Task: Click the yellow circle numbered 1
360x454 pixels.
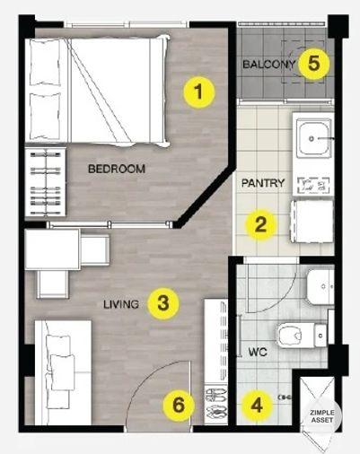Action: coord(199,92)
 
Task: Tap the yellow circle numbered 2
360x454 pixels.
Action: coord(260,224)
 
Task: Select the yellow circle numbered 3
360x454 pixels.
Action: coord(163,303)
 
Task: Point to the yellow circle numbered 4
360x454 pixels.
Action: coord(257,406)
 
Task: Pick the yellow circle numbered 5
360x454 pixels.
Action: coord(313,64)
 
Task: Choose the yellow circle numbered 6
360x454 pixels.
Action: coord(179,406)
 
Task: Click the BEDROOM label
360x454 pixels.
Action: coord(117,169)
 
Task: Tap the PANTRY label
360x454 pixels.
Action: coord(263,183)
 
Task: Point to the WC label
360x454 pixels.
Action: coord(258,352)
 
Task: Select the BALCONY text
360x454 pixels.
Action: coord(269,65)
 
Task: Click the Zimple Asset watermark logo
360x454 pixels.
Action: coord(321,415)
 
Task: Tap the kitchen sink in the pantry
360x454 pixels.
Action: coord(314,139)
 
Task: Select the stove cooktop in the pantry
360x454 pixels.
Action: coord(313,186)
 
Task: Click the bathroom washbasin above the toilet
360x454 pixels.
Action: coord(320,287)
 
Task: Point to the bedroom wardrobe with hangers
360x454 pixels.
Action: coord(46,182)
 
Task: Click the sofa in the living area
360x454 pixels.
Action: coord(63,372)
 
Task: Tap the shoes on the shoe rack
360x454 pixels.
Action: coord(215,404)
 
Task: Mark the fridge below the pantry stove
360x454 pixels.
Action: coord(312,222)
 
